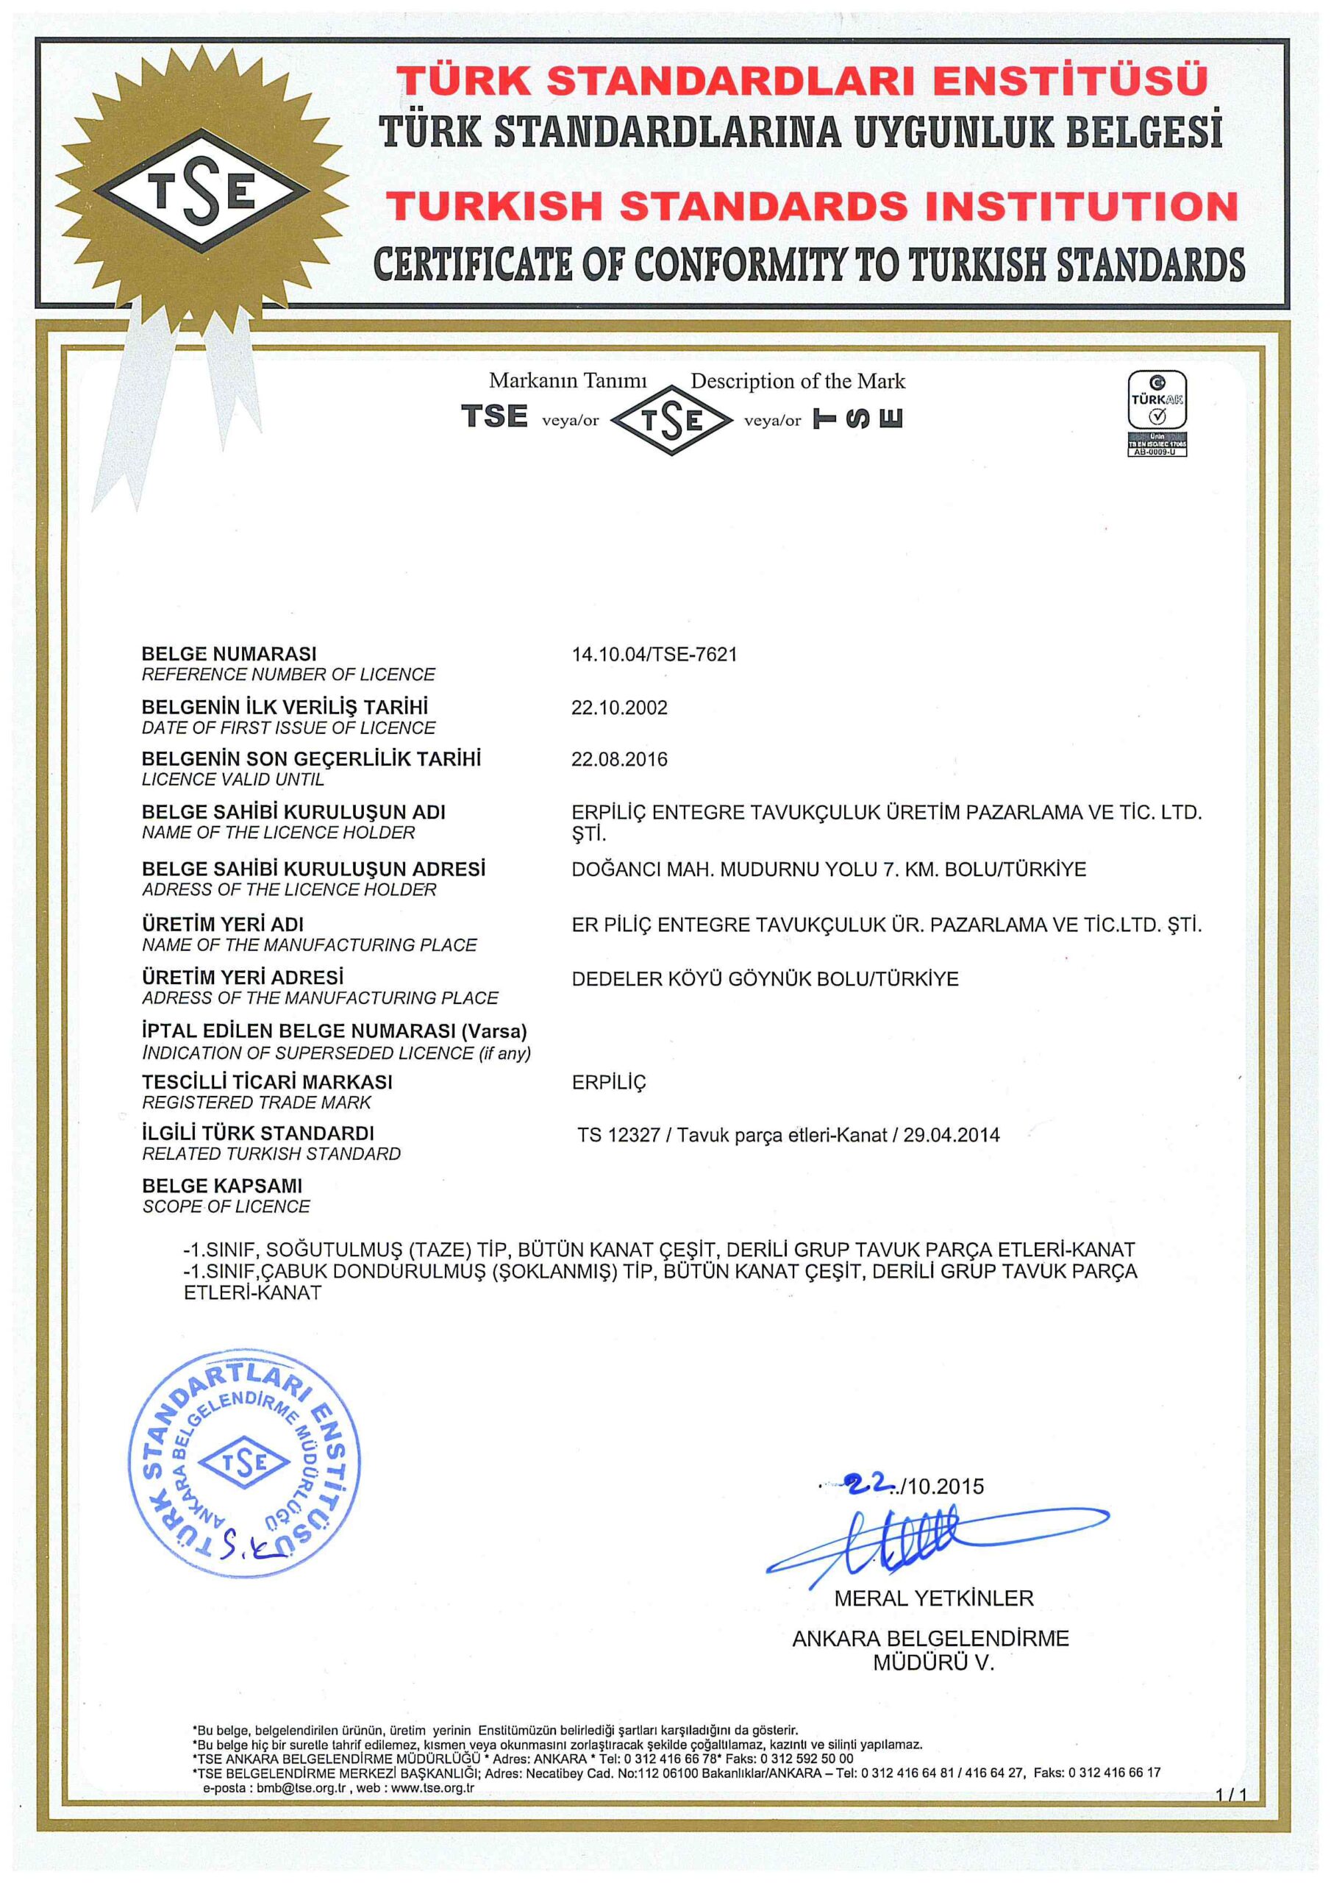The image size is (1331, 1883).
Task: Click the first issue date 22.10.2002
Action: tap(619, 708)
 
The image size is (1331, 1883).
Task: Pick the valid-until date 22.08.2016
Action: tap(619, 759)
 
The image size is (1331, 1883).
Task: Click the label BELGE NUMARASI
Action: tap(229, 655)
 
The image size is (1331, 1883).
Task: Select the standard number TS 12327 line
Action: tap(788, 1136)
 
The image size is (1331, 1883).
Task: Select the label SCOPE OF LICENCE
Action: tap(226, 1206)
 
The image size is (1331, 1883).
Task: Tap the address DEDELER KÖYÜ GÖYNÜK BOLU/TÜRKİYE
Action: tap(764, 979)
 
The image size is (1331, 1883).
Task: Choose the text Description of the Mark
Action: tap(797, 381)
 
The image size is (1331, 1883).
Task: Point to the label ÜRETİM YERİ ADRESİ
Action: tap(243, 978)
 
